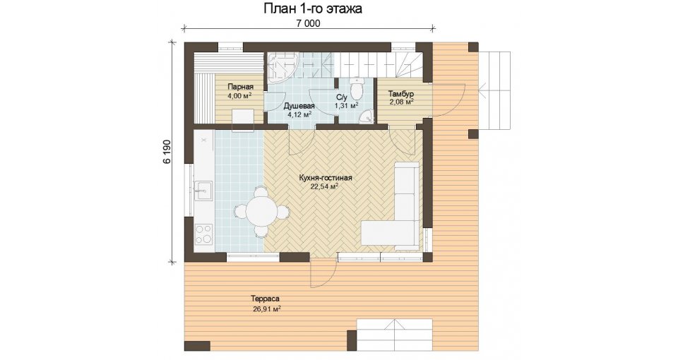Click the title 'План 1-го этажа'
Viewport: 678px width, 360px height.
(313, 9)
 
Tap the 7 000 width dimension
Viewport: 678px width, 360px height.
(309, 24)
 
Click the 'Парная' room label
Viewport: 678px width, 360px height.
(241, 87)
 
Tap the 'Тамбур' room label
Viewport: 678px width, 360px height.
(401, 94)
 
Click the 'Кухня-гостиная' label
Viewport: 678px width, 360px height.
(326, 178)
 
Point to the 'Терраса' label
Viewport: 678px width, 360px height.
(265, 299)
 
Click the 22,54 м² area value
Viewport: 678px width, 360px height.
(324, 186)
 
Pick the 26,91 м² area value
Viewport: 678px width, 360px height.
(267, 308)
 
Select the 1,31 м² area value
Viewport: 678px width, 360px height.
(346, 105)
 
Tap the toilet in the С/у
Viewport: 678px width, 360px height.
(357, 89)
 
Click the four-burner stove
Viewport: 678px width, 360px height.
(203, 234)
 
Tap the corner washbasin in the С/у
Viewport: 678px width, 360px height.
(369, 116)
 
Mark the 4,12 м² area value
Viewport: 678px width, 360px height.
(299, 114)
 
